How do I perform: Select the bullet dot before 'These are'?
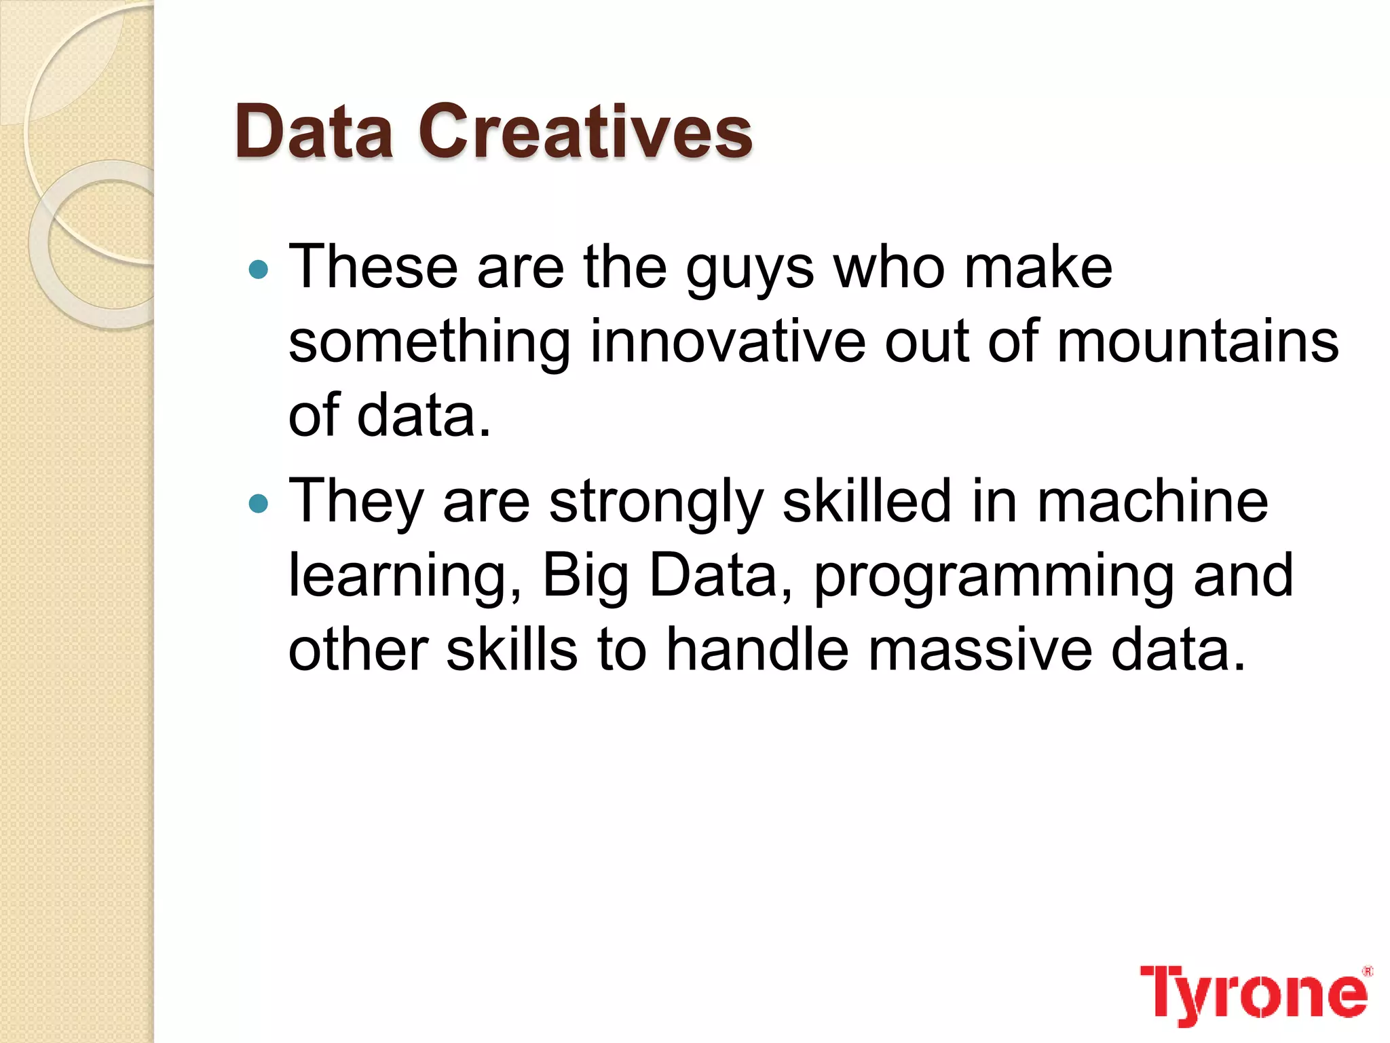pyautogui.click(x=259, y=270)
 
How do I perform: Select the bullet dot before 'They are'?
pyautogui.click(x=259, y=504)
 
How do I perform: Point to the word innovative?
pyautogui.click(x=728, y=342)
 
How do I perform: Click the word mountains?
pyautogui.click(x=1198, y=342)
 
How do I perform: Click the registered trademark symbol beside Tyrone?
pyautogui.click(x=1368, y=971)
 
